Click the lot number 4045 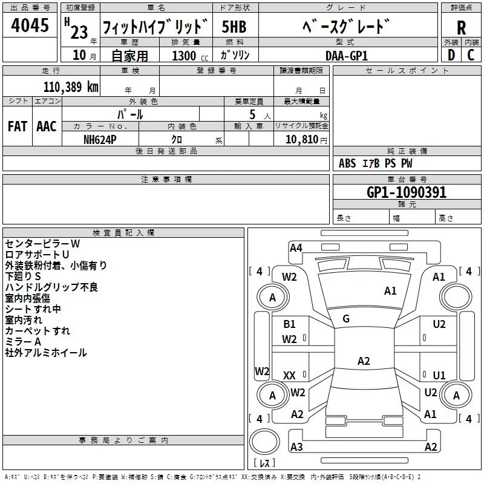30,25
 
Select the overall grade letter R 461,27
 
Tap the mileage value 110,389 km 71,87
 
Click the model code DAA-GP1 347,56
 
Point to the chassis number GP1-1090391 407,192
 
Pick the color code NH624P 100,140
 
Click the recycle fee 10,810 301,140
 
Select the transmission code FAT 18,126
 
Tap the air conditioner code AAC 47,126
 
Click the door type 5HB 234,27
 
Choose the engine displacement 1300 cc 190,56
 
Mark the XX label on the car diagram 289,375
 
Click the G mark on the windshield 346,319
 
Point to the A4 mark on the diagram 296,248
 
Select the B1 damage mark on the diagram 289,324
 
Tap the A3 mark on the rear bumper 296,447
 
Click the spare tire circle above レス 264,442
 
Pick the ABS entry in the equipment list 347,163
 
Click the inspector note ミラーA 23,342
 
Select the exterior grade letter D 451,55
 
